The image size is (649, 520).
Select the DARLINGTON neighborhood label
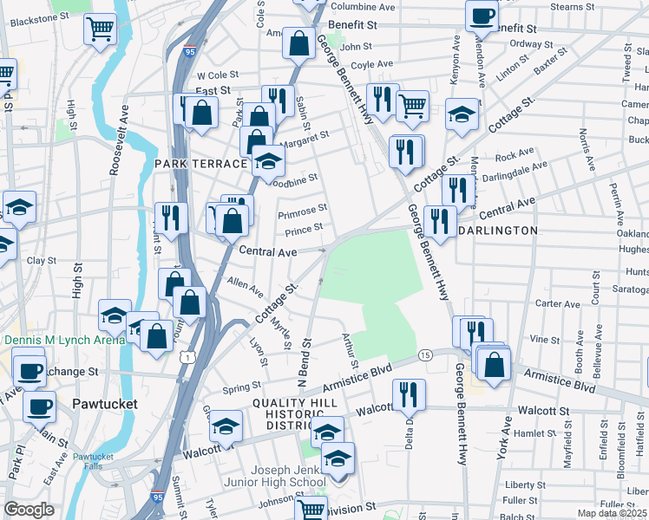[497, 231]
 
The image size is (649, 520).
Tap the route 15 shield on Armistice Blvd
[425, 355]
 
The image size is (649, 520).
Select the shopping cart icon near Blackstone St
[101, 29]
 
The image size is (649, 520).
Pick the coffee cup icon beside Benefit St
[482, 14]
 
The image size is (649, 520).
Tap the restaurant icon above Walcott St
[408, 393]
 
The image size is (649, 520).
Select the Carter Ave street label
[558, 304]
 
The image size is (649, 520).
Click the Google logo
[29, 510]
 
